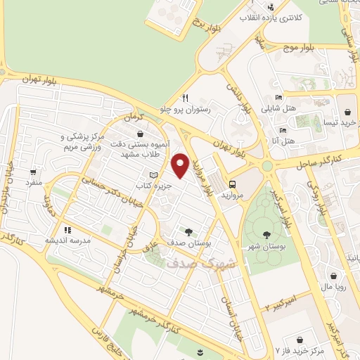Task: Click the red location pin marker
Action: [x=181, y=165]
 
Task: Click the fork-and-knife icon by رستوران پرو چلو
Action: [x=185, y=98]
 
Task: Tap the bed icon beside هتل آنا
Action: [x=283, y=130]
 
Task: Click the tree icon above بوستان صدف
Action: [x=188, y=231]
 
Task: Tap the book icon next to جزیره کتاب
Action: [x=155, y=176]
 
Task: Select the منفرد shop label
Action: [x=34, y=182]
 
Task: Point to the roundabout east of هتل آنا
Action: [x=267, y=166]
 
